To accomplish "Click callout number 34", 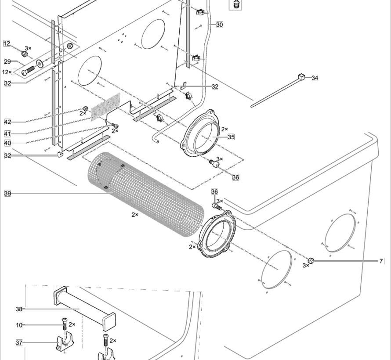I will click(x=315, y=78).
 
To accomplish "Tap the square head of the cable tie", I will click(x=301, y=77).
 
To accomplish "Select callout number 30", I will click(x=219, y=25).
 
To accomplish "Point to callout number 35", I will click(x=231, y=137).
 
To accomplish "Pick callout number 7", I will click(x=381, y=261).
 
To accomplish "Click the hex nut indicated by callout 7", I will click(x=310, y=260).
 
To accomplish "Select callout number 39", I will click(x=7, y=193).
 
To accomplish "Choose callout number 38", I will click(x=19, y=309).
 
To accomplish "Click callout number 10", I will click(x=19, y=325).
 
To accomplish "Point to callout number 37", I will click(x=19, y=342).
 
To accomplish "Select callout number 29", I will click(x=7, y=61).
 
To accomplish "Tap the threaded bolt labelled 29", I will click(x=27, y=69).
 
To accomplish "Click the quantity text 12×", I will click(x=7, y=72).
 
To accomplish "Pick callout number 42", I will click(x=7, y=122).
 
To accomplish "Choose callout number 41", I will click(x=7, y=133).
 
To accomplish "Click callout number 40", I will click(x=7, y=143).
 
